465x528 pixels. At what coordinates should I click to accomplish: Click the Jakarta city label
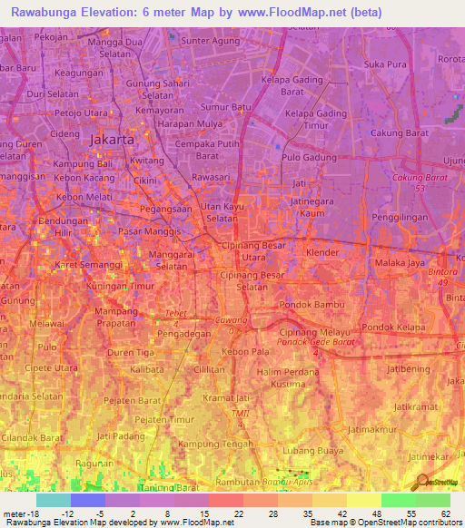coord(113,141)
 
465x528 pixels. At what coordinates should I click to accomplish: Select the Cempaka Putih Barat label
coord(208,149)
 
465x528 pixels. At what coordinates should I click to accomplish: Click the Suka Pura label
coord(384,64)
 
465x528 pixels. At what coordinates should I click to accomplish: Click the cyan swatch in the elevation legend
coord(54,500)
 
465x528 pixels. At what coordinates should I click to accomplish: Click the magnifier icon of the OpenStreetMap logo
coord(421,482)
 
